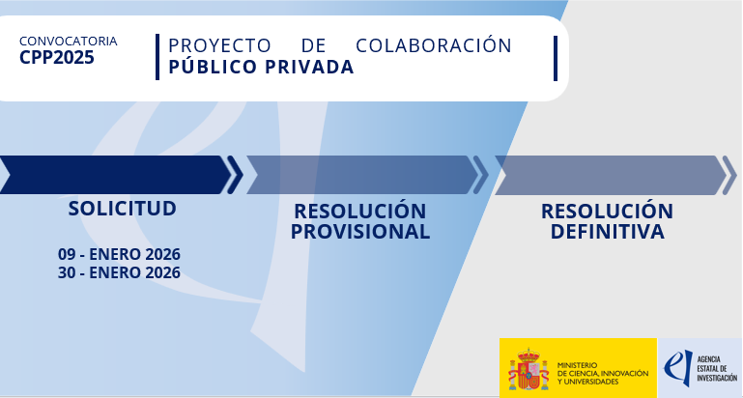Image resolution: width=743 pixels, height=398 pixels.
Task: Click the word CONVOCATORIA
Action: pos(68,42)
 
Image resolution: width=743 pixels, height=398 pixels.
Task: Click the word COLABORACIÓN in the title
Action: pos(434,45)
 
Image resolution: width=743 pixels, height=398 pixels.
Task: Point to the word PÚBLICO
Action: pos(206,67)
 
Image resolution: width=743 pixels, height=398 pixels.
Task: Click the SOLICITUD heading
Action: pos(122,209)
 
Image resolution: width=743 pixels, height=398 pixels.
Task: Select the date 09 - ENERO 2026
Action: pos(119,254)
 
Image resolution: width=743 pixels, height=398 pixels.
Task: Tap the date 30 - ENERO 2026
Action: pos(119,272)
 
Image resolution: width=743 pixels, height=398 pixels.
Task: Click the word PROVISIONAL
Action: pos(360,232)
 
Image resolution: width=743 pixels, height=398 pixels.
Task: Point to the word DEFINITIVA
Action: pos(607,232)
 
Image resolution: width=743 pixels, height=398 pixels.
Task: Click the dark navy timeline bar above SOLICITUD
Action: pos(113,175)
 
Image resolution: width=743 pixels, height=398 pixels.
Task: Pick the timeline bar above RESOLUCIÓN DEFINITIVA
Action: pos(608,175)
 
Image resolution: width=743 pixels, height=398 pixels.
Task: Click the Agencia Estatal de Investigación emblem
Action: pos(679,367)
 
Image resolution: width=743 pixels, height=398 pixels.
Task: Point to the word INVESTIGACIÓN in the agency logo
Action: pos(716,379)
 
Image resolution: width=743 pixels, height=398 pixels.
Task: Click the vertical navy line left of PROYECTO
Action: pos(157,57)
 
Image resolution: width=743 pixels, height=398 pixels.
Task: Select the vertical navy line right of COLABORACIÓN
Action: pos(556,58)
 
